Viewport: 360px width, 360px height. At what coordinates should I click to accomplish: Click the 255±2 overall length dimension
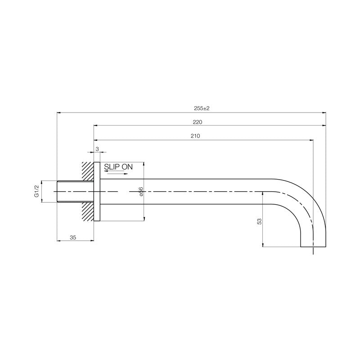202,108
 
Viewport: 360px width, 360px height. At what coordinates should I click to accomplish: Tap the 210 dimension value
195,135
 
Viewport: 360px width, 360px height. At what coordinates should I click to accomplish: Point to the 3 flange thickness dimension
97,149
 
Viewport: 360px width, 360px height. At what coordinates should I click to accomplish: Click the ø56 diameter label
141,192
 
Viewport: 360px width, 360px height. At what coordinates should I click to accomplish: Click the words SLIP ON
118,166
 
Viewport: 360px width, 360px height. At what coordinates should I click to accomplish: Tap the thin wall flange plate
97,192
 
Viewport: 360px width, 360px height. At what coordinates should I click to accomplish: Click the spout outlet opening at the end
313,247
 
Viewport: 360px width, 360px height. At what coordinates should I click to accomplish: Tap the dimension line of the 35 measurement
76,240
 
